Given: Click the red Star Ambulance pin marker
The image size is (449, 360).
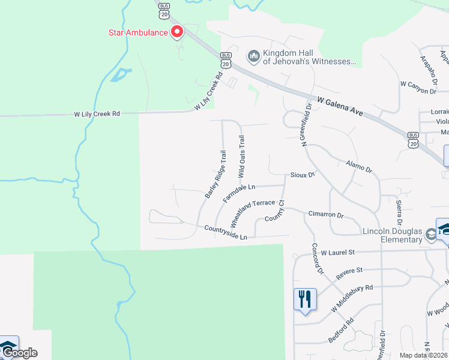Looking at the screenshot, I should coord(177,32).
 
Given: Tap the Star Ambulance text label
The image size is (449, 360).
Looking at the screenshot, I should coord(138,32).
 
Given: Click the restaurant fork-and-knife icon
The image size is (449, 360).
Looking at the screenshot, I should coord(305,298).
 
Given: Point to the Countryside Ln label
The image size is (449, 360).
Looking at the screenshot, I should coord(226,232).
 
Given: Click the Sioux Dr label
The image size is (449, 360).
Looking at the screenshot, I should coord(303,175).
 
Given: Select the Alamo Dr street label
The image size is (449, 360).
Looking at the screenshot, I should coord(360,166).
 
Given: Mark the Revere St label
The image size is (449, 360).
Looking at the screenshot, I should coord(349,271).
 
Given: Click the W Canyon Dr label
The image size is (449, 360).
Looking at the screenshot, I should coord(418,91).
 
